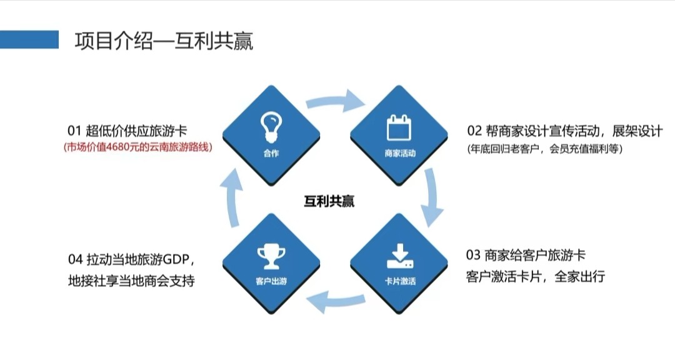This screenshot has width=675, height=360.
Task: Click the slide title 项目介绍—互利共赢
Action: pyautogui.click(x=164, y=41)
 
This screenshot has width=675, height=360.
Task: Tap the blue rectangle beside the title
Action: pyautogui.click(x=29, y=39)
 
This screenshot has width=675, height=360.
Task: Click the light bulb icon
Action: pyautogui.click(x=271, y=127)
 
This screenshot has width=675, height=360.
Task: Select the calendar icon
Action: pyautogui.click(x=399, y=127)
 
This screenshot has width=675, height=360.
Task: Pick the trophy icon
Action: pyautogui.click(x=271, y=257)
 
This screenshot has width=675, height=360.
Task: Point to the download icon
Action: pyautogui.click(x=400, y=256)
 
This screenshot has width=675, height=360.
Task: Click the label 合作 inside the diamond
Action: pyautogui.click(x=271, y=153)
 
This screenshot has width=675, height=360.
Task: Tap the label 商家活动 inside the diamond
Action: pyautogui.click(x=400, y=153)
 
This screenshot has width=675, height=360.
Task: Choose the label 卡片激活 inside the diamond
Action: pyautogui.click(x=400, y=282)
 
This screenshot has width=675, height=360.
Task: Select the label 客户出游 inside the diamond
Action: pyautogui.click(x=271, y=282)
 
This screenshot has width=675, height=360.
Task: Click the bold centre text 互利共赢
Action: pyautogui.click(x=329, y=201)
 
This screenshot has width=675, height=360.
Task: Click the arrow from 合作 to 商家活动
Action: pyautogui.click(x=336, y=100)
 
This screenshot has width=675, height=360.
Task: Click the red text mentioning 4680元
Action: pyautogui.click(x=138, y=147)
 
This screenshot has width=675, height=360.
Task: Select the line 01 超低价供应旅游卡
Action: pyautogui.click(x=127, y=131)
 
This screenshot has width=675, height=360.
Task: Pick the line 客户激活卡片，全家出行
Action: pyautogui.click(x=536, y=276)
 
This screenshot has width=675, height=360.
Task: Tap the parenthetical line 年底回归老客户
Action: pyautogui.click(x=545, y=149)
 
